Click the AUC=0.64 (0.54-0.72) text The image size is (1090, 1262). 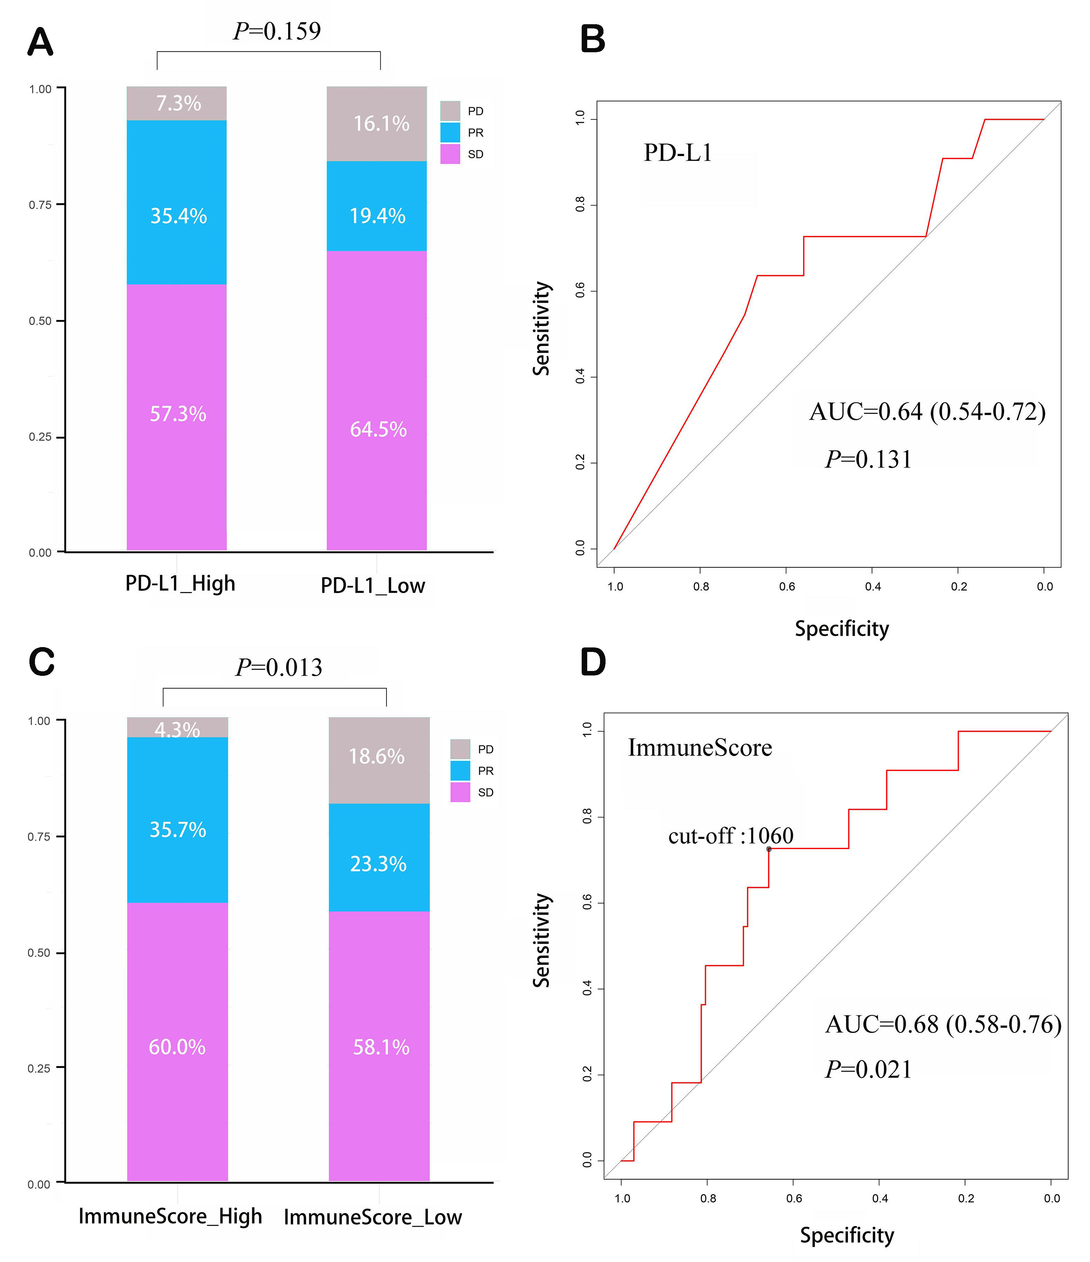[x=927, y=412]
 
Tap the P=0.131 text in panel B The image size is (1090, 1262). [x=868, y=460]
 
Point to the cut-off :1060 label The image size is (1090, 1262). [x=731, y=836]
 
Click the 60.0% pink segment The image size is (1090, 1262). [x=177, y=1047]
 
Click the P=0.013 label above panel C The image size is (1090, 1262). [x=279, y=668]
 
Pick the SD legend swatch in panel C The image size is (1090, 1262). [x=460, y=792]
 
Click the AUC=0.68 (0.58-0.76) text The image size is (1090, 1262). [x=943, y=1025]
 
